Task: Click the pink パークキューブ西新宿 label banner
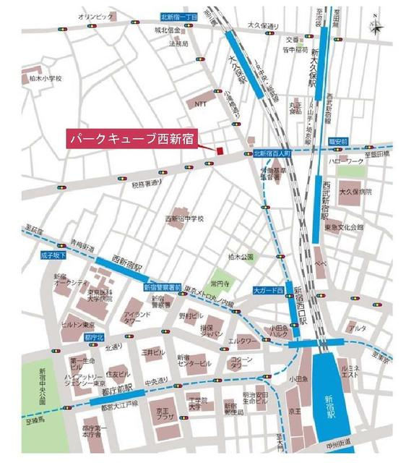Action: coord(131,139)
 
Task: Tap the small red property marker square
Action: coord(217,150)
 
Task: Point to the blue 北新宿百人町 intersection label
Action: coord(272,154)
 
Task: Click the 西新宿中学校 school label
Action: coord(185,218)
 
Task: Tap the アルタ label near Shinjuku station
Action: coord(357,329)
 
